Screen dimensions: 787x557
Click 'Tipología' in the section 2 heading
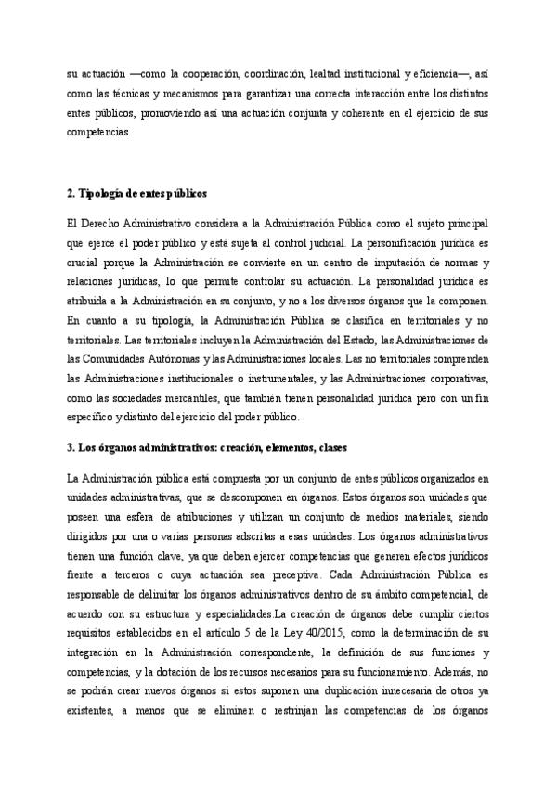click(97, 194)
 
